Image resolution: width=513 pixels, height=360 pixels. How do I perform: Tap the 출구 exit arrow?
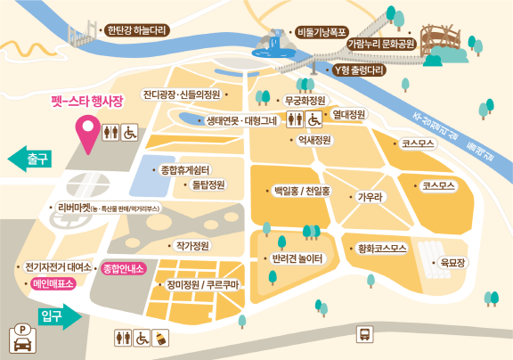(x=31, y=160)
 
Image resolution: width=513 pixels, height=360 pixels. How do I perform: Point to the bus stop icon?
(x=364, y=334)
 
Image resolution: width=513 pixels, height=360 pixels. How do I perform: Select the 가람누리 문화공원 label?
(x=380, y=42)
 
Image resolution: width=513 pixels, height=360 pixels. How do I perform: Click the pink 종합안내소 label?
(x=124, y=266)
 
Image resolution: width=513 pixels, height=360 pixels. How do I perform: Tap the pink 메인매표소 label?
(x=53, y=284)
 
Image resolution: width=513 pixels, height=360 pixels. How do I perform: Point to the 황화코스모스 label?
(x=381, y=247)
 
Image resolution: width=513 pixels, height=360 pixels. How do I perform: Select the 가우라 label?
(x=370, y=196)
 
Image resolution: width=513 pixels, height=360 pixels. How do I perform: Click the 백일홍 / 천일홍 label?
(x=303, y=191)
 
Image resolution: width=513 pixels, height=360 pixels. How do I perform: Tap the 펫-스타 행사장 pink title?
(x=85, y=101)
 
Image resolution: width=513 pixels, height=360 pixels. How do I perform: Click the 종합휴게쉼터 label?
(x=183, y=169)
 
